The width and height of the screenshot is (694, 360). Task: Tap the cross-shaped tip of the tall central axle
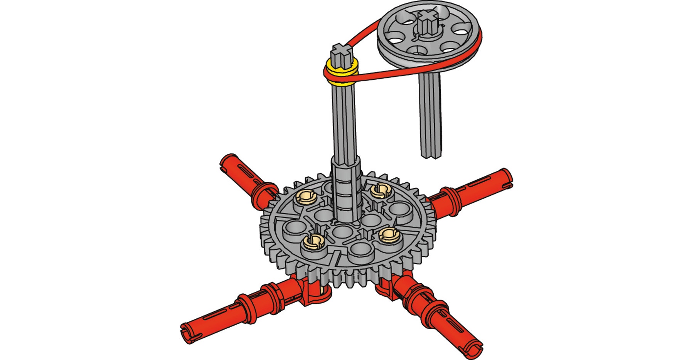pos(341,50)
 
